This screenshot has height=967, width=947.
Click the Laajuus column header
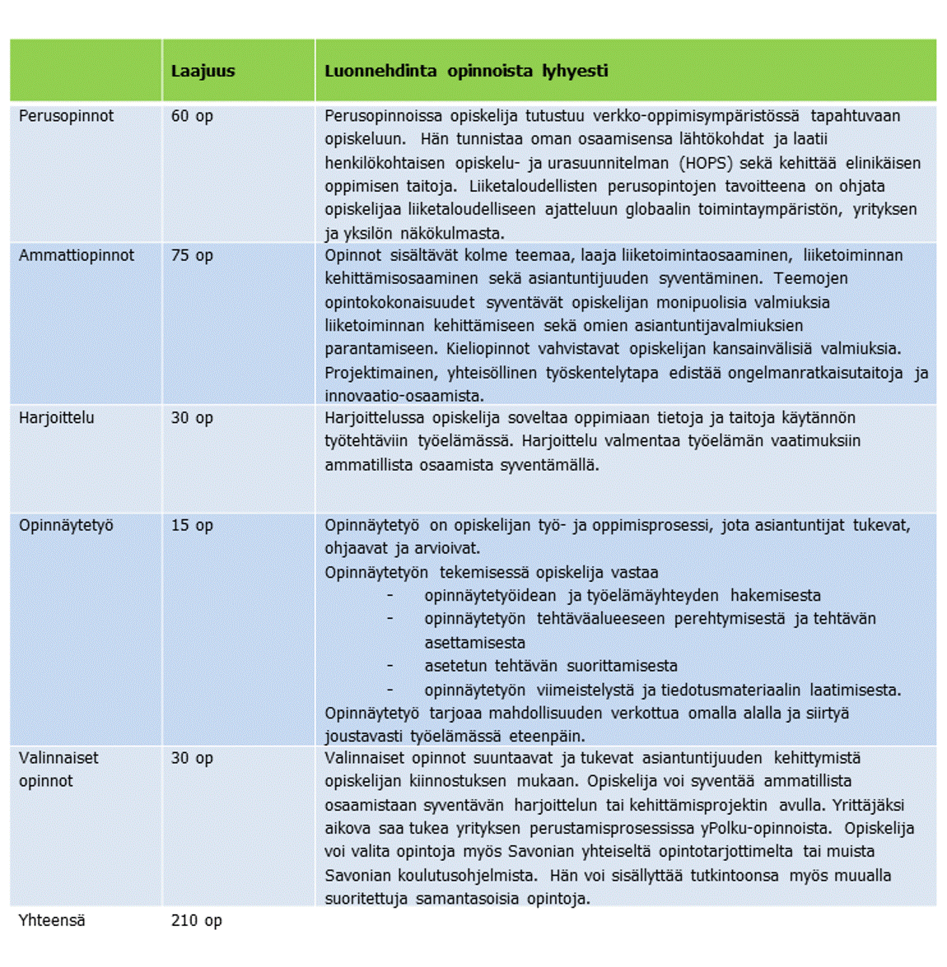(x=203, y=72)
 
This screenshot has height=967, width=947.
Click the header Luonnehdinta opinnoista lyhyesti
(x=466, y=72)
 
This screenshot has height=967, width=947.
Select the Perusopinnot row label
(x=67, y=116)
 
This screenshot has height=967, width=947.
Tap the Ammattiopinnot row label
(x=77, y=256)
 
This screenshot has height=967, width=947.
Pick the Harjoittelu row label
(x=57, y=418)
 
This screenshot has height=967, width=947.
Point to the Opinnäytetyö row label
(x=66, y=525)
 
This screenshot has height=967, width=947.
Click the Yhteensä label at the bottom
(x=52, y=921)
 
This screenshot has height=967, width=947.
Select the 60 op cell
(x=192, y=116)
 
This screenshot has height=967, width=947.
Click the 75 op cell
(x=192, y=256)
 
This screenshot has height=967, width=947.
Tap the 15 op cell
(x=192, y=525)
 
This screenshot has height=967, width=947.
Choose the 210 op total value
(x=196, y=921)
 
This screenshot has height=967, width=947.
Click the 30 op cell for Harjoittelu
(x=192, y=418)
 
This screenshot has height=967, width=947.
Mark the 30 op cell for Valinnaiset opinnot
(x=192, y=758)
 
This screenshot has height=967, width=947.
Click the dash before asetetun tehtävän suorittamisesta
(x=390, y=666)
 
